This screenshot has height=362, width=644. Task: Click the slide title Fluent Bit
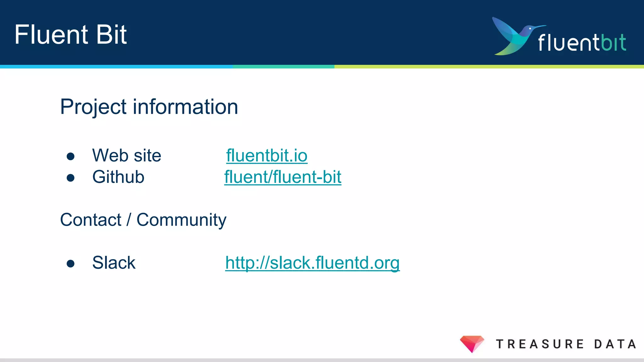click(x=70, y=35)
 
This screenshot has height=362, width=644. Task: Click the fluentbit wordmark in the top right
click(x=582, y=42)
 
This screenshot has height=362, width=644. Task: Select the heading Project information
click(x=149, y=107)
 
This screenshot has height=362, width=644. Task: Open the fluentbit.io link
click(x=267, y=156)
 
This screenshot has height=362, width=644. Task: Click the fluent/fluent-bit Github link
click(x=283, y=177)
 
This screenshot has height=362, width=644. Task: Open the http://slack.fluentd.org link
click(x=312, y=263)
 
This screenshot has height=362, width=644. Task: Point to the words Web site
click(x=126, y=156)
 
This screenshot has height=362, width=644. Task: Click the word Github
click(x=118, y=177)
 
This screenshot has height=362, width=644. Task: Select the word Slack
click(x=114, y=263)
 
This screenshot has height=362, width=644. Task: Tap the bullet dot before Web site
click(x=70, y=156)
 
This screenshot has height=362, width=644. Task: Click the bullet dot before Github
click(x=70, y=178)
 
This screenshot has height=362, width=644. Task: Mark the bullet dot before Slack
click(x=70, y=264)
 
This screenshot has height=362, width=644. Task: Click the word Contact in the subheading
click(x=91, y=220)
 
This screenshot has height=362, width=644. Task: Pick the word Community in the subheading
click(x=181, y=220)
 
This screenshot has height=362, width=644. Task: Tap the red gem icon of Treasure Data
click(x=472, y=343)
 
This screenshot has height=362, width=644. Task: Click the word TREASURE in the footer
click(x=540, y=344)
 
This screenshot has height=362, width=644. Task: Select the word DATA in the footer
click(x=615, y=344)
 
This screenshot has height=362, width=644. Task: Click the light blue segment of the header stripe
click(x=116, y=67)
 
